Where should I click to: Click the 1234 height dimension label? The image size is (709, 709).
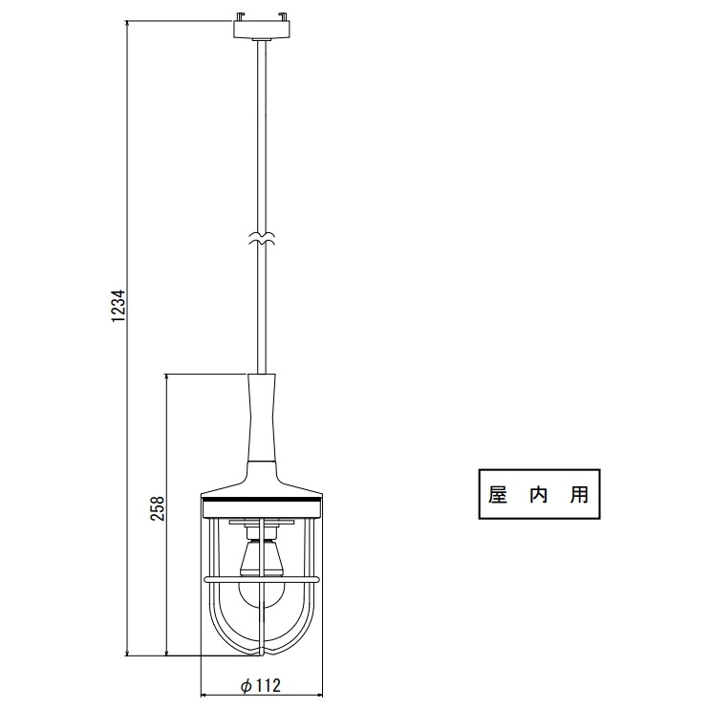click(118, 305)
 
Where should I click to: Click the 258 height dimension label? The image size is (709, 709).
click(158, 508)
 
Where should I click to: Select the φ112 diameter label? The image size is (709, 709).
click(261, 685)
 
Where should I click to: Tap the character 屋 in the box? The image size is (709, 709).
click(498, 494)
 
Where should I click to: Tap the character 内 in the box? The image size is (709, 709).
click(539, 494)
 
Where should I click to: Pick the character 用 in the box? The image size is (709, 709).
click(579, 494)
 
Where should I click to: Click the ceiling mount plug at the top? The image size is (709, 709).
click(262, 27)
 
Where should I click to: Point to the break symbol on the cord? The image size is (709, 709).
click(262, 239)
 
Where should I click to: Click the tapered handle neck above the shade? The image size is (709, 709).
click(262, 419)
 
